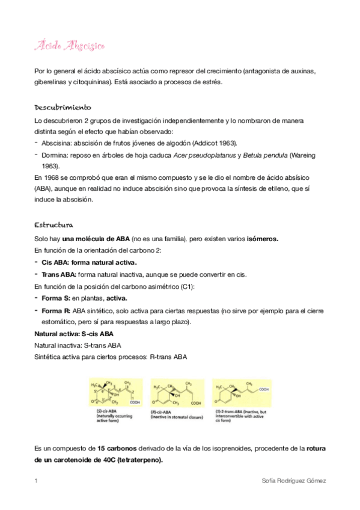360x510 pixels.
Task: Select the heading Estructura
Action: pos(53,226)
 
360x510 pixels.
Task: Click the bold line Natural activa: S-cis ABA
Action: pos(73,333)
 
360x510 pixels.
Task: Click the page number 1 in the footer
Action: pos(36,481)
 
